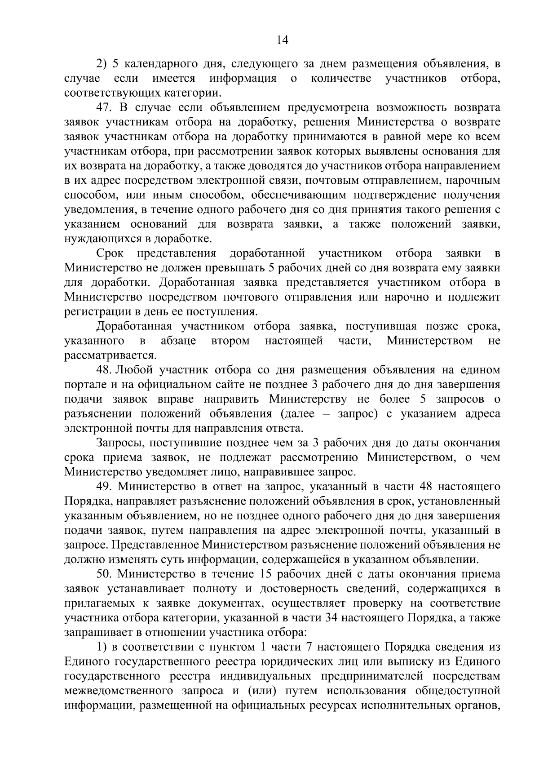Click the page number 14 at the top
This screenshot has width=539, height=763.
click(x=282, y=40)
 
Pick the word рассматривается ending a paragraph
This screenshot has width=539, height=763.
click(x=110, y=355)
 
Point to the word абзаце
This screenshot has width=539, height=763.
click(x=178, y=341)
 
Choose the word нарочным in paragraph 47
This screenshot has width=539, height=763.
click(x=476, y=181)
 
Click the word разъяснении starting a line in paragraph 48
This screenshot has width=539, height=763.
click(x=100, y=413)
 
